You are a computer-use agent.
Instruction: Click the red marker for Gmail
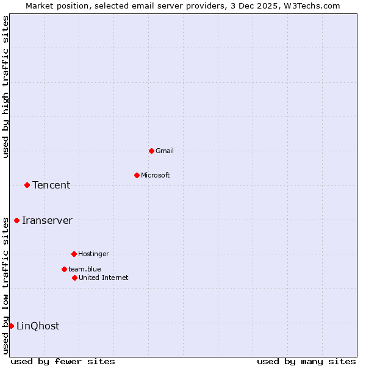[x=151, y=151]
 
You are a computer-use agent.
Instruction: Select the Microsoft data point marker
[x=137, y=175]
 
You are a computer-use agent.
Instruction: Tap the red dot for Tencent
[x=27, y=185]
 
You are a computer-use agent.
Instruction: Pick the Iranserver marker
[x=16, y=220]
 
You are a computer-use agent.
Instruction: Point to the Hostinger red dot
[x=74, y=254]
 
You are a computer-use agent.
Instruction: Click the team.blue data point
[x=64, y=269]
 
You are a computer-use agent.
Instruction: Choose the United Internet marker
[x=74, y=278]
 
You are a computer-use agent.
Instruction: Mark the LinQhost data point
[x=11, y=326]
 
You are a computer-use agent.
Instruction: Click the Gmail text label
[x=165, y=151]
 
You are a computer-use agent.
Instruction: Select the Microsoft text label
[x=156, y=175]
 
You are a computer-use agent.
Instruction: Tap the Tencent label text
[x=51, y=185]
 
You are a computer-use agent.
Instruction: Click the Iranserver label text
[x=47, y=220]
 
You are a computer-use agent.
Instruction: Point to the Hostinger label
[x=93, y=254]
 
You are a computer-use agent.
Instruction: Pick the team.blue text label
[x=85, y=269]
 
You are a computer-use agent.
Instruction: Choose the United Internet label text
[x=104, y=278]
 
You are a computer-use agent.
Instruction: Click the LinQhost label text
[x=38, y=326]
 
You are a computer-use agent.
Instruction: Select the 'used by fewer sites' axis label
[x=63, y=361]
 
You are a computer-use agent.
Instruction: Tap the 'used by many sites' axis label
[x=306, y=361]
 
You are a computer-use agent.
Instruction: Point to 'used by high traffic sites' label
[x=5, y=87]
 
